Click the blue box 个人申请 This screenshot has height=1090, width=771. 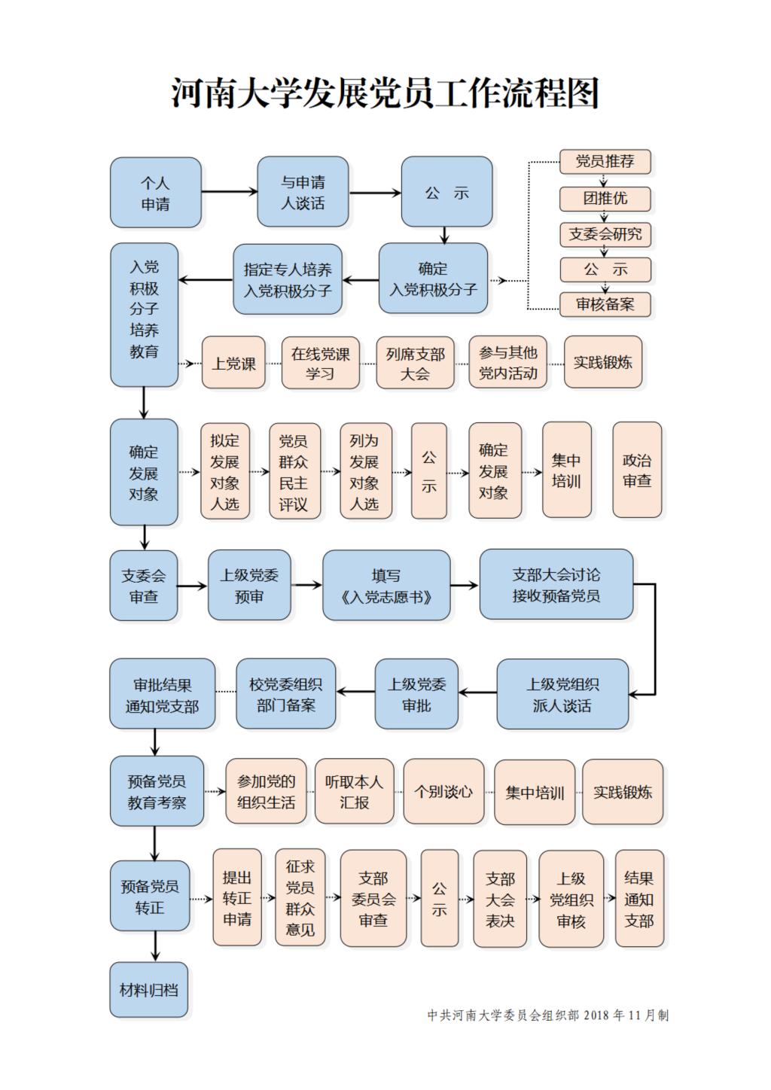click(156, 193)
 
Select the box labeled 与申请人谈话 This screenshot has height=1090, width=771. click(303, 192)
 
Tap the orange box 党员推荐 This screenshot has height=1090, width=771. click(605, 162)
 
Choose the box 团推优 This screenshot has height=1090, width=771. click(605, 199)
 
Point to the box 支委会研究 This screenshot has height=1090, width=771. click(605, 235)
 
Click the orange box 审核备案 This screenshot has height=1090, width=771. click(605, 305)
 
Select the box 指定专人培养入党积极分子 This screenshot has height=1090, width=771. click(288, 279)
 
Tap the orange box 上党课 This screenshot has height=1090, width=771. click(233, 363)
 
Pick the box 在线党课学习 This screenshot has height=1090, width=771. click(320, 363)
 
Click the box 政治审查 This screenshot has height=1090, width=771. click(637, 470)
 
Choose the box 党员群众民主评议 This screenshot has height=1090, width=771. click(295, 471)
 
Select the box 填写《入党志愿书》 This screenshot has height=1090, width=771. click(386, 586)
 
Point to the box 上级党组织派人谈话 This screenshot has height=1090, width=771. click(562, 694)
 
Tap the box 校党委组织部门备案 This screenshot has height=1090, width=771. click(286, 694)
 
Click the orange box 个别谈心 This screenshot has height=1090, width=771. click(444, 791)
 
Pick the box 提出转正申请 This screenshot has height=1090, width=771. click(237, 898)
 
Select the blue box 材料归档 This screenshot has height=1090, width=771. click(149, 990)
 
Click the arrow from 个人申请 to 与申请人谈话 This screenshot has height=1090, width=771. click(229, 192)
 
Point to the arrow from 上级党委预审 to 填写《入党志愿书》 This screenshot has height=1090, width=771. click(306, 585)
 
